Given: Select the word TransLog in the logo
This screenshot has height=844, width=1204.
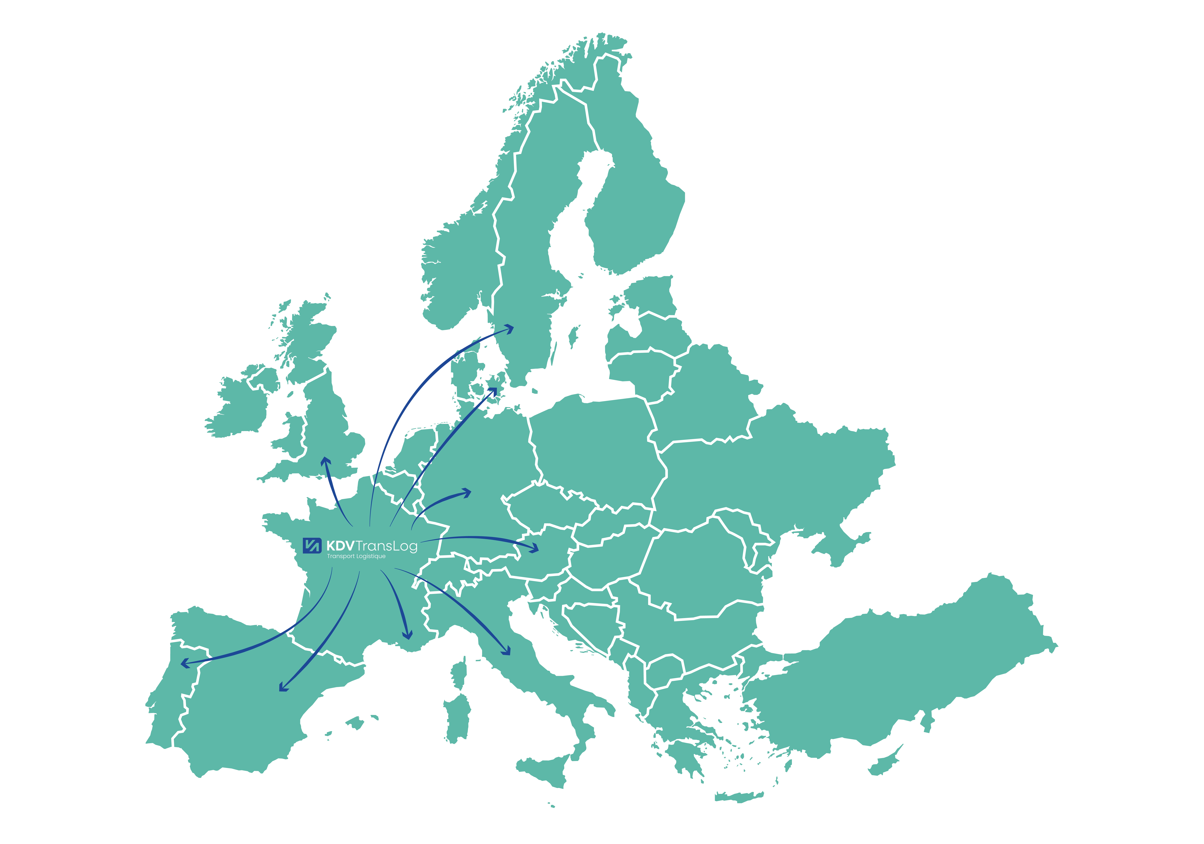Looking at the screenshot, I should click(x=386, y=546).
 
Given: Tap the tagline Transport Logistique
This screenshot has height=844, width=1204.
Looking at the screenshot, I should click(x=356, y=556).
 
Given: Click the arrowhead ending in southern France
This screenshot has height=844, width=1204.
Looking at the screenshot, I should click(x=407, y=635).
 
